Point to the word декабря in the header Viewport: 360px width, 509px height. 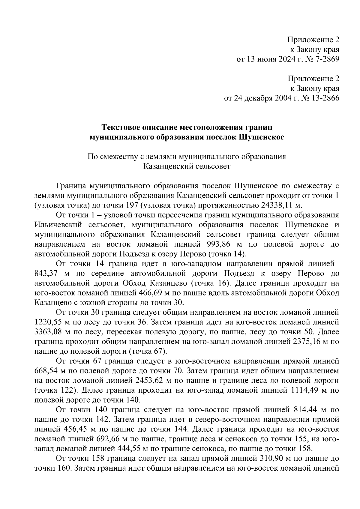[x=255, y=98]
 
